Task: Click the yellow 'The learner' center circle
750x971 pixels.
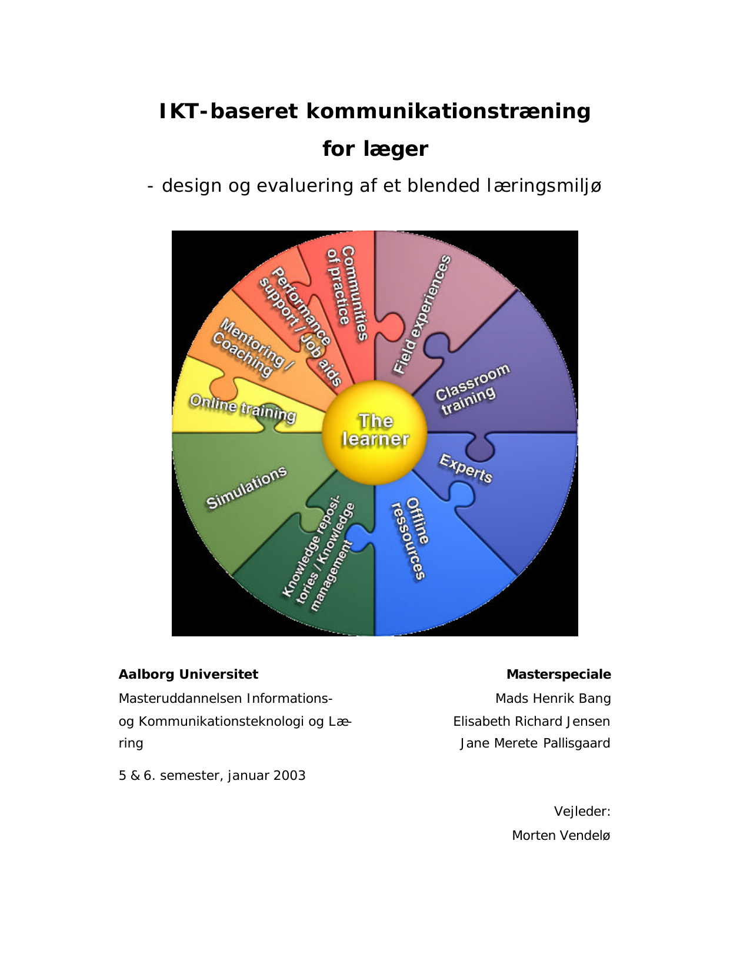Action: (x=375, y=431)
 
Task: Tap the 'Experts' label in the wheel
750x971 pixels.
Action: (x=465, y=469)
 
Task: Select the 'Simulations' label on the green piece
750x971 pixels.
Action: (x=246, y=488)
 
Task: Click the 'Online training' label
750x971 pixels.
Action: (x=242, y=408)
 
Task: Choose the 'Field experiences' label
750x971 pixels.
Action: (x=422, y=315)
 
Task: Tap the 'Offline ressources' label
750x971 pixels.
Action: (x=411, y=538)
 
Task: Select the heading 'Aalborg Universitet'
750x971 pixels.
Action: (x=188, y=675)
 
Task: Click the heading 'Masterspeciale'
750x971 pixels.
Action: (x=558, y=675)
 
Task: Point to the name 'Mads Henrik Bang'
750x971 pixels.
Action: (x=552, y=699)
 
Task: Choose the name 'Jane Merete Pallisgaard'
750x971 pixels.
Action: (x=535, y=743)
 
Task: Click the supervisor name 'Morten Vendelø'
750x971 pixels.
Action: (x=561, y=836)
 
